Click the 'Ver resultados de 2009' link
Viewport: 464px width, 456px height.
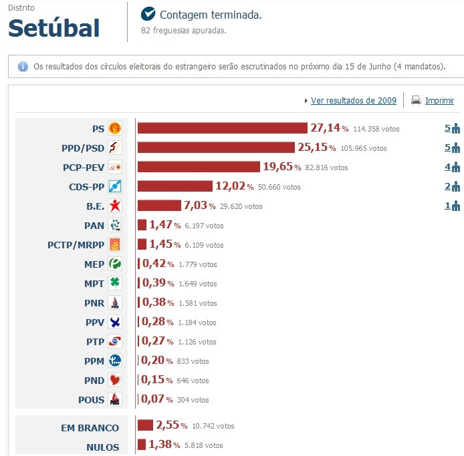point(353,101)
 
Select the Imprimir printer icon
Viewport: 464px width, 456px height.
point(416,101)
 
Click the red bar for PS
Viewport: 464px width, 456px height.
point(222,128)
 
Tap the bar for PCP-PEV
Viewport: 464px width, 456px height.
point(199,167)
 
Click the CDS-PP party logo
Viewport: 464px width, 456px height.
point(115,187)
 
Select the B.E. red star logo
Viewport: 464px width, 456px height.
point(115,206)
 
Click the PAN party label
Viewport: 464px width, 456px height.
point(94,226)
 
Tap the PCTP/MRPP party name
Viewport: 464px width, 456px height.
point(76,245)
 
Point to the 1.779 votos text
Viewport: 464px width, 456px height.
point(198,264)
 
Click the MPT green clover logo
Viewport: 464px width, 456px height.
point(115,284)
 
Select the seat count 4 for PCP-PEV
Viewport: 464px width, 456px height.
point(447,167)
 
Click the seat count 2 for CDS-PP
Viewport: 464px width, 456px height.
point(447,186)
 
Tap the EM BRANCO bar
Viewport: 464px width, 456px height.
point(145,425)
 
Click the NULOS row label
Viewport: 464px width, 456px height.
point(102,447)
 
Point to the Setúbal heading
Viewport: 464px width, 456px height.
point(53,28)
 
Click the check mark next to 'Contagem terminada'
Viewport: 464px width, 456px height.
point(148,14)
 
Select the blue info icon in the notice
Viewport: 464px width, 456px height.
point(23,67)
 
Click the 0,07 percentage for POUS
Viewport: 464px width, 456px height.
point(152,400)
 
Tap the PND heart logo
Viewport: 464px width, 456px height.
point(115,381)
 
